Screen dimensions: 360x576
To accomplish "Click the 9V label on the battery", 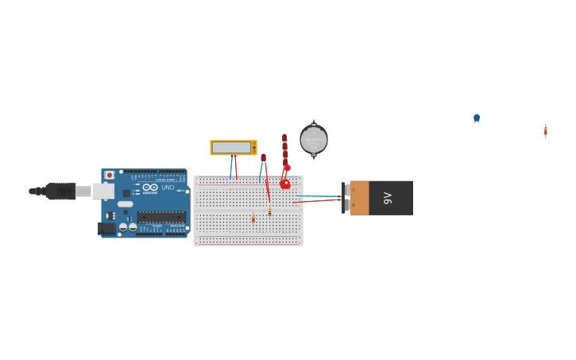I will (388, 198).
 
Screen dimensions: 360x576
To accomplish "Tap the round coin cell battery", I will (314, 139).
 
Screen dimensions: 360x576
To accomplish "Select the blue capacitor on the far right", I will (477, 118).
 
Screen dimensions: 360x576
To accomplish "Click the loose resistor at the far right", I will (545, 130).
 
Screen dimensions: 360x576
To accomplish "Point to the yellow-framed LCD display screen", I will (231, 148).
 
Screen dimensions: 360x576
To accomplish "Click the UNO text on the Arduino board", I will (168, 188).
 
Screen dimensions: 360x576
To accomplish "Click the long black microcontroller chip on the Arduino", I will (161, 216).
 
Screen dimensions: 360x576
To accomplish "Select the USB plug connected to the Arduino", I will (60, 191).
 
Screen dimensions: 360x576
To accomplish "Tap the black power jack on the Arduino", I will (106, 228).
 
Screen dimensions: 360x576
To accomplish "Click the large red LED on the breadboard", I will (285, 184).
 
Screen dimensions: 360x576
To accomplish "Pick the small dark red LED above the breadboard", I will (263, 157).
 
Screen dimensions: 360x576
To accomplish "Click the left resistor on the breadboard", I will (253, 218).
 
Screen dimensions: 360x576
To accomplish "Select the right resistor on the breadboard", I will (269, 212).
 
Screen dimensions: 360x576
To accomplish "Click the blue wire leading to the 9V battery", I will (318, 195).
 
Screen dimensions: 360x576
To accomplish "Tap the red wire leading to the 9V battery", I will (318, 201).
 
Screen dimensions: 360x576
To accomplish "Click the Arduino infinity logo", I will (150, 188).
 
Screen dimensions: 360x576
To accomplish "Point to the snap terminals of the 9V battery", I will (346, 198).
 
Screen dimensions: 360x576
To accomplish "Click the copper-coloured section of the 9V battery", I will (360, 198).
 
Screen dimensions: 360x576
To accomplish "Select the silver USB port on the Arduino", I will (103, 191).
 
